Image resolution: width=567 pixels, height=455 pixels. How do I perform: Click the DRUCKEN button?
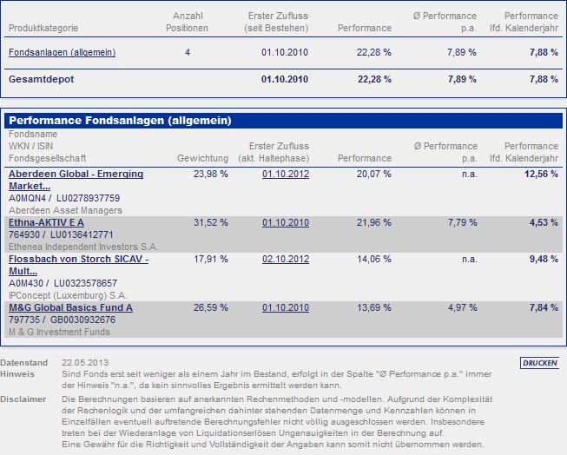pos(539,363)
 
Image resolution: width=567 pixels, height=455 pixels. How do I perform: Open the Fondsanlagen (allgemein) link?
pos(62,53)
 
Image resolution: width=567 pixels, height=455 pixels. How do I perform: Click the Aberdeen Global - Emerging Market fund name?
pos(76,180)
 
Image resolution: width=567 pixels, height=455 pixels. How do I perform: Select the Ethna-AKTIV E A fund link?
pos(46,223)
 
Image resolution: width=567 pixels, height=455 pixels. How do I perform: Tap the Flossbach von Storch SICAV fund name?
pos(78,265)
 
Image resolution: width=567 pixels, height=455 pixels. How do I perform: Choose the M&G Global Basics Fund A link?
pos(70,307)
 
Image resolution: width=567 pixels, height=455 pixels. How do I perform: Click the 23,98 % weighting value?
pos(211,175)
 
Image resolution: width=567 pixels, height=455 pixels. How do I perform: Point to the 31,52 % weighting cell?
pos(211,223)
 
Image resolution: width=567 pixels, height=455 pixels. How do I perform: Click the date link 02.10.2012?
pos(285,260)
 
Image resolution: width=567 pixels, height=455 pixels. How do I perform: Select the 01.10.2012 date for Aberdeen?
pos(285,175)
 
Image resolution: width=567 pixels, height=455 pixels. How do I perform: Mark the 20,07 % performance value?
pos(374,175)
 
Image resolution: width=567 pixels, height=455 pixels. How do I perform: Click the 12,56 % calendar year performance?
pos(541,175)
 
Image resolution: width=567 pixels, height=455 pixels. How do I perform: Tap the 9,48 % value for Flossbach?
pos(544,260)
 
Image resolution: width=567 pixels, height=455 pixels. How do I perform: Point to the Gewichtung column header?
pos(202,158)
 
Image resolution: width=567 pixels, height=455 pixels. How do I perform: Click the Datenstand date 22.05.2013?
pos(85,362)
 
